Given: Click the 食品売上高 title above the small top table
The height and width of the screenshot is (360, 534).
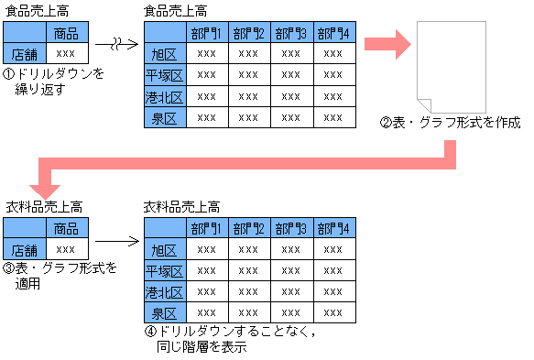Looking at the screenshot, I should pos(36,11).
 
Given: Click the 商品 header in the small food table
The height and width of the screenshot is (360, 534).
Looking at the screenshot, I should pos(66,34).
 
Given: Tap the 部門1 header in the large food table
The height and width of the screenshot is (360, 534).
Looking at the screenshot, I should pos(207,34).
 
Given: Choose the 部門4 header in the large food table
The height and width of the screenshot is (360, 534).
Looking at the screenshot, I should pos(333,34).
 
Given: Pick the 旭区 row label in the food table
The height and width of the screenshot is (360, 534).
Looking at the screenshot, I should pos(166,54).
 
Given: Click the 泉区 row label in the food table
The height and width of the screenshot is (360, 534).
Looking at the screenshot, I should pos(166,117).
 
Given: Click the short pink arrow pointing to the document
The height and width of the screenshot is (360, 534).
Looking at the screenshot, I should pos(387,44).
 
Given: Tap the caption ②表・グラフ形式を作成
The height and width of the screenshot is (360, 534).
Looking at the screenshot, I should pos(450,122).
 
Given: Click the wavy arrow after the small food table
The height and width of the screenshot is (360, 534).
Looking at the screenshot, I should pos(117,43).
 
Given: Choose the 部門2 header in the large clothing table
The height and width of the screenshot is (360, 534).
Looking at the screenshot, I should pos(249,227).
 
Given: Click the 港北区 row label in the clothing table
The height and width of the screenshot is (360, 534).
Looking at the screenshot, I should pos(166,291).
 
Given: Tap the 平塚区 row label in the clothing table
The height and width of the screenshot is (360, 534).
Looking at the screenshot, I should pos(166,270).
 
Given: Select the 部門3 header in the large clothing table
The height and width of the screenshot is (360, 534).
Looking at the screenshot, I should pos(291,227).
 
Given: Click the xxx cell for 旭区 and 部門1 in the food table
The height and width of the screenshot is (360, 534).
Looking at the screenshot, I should pos(207,54).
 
